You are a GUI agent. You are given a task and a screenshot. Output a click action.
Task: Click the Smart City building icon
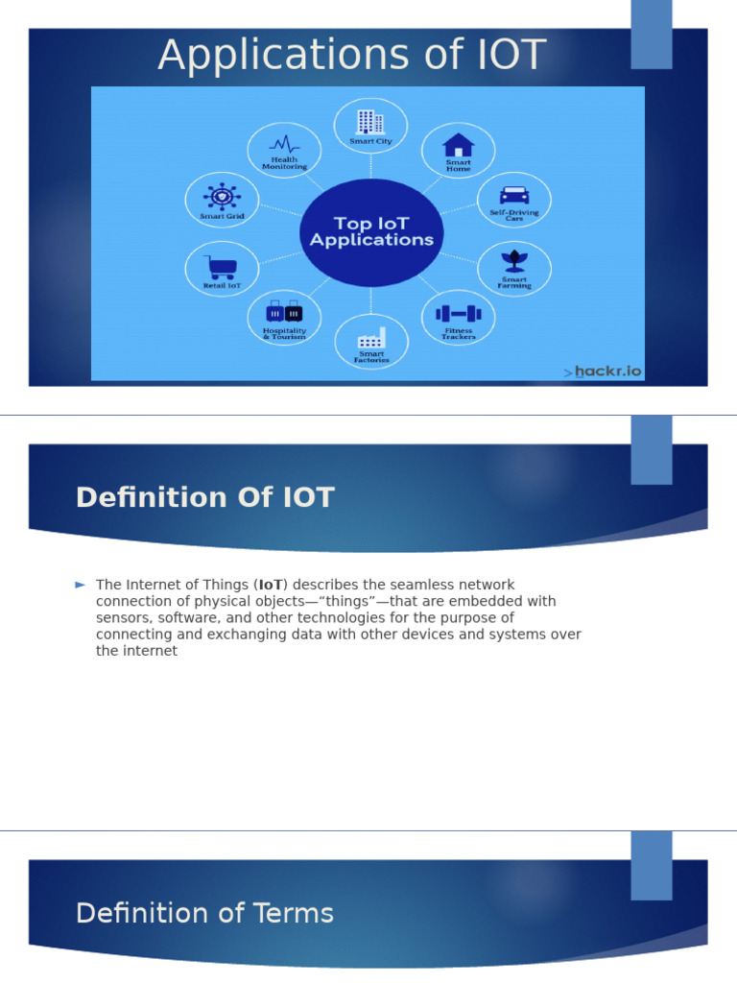tap(370, 122)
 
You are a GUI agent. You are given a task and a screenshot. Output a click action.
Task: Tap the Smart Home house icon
tap(458, 145)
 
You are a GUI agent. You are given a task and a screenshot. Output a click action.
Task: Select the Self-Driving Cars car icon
tap(514, 195)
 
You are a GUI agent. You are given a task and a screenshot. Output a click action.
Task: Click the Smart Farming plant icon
tap(514, 261)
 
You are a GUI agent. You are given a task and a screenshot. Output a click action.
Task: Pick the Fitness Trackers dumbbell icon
tap(458, 313)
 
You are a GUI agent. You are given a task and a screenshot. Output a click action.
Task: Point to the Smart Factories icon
tap(371, 338)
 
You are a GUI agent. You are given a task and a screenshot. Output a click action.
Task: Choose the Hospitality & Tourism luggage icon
tap(284, 312)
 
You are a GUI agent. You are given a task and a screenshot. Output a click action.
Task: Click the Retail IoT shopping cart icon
tap(222, 266)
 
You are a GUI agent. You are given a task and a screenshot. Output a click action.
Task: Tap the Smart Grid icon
tap(222, 196)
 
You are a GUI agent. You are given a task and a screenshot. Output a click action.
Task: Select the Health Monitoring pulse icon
tap(284, 144)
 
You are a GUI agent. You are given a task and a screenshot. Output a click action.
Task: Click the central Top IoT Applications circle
tap(371, 232)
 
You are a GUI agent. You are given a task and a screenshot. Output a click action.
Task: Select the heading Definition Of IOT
tap(204, 497)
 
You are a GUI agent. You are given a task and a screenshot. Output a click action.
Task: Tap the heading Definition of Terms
tap(204, 913)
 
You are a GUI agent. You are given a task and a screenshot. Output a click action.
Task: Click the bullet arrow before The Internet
tap(81, 585)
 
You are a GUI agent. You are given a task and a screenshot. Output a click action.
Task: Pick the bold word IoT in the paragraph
tap(271, 585)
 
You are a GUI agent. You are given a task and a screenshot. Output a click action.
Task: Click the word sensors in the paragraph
tap(120, 617)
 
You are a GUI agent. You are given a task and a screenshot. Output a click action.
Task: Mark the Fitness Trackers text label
tap(458, 334)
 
